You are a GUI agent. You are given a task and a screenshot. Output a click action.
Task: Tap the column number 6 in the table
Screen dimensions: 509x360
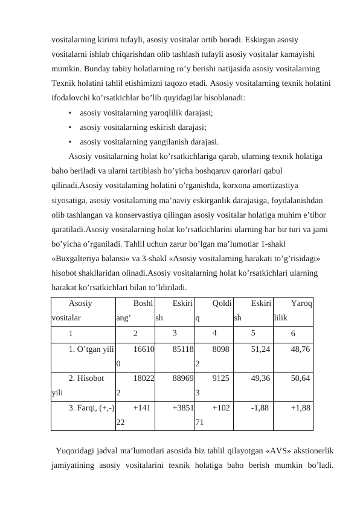(293, 333)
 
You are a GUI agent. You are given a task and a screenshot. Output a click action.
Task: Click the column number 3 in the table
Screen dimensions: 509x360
(175, 332)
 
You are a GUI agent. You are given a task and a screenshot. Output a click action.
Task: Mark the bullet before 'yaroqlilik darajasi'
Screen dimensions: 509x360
(71, 112)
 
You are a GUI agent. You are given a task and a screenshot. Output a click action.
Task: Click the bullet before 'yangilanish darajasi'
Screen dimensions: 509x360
(71, 143)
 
